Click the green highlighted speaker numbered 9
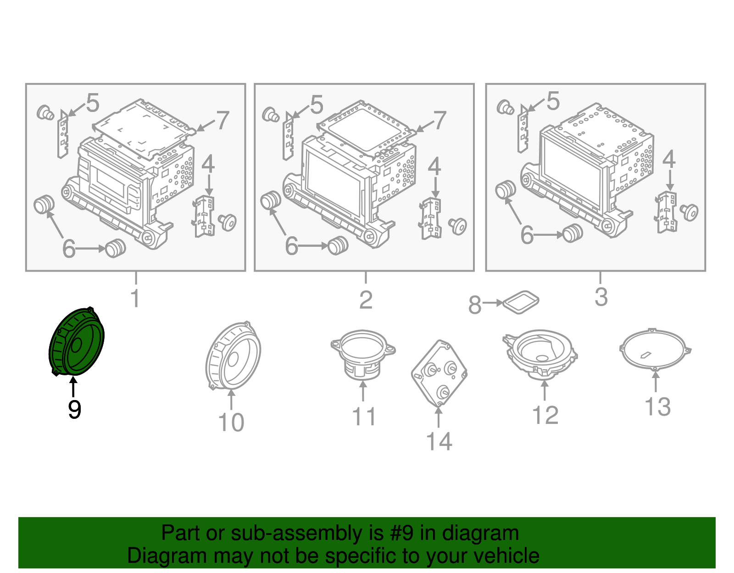coord(77,342)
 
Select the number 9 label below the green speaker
coord(74,409)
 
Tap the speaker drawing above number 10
coord(233,356)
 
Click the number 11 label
coord(364,417)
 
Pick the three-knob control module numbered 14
coord(439,373)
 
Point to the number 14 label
coord(439,441)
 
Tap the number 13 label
coord(657,406)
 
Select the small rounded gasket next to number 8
coord(521,302)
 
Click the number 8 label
coord(475,305)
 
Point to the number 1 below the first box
coord(135,298)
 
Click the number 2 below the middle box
coord(366,300)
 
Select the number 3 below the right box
coord(601,297)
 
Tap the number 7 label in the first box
coord(222,120)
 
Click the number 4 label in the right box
coord(669,159)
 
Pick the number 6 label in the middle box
coord(292,246)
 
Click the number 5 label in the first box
coord(93,103)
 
